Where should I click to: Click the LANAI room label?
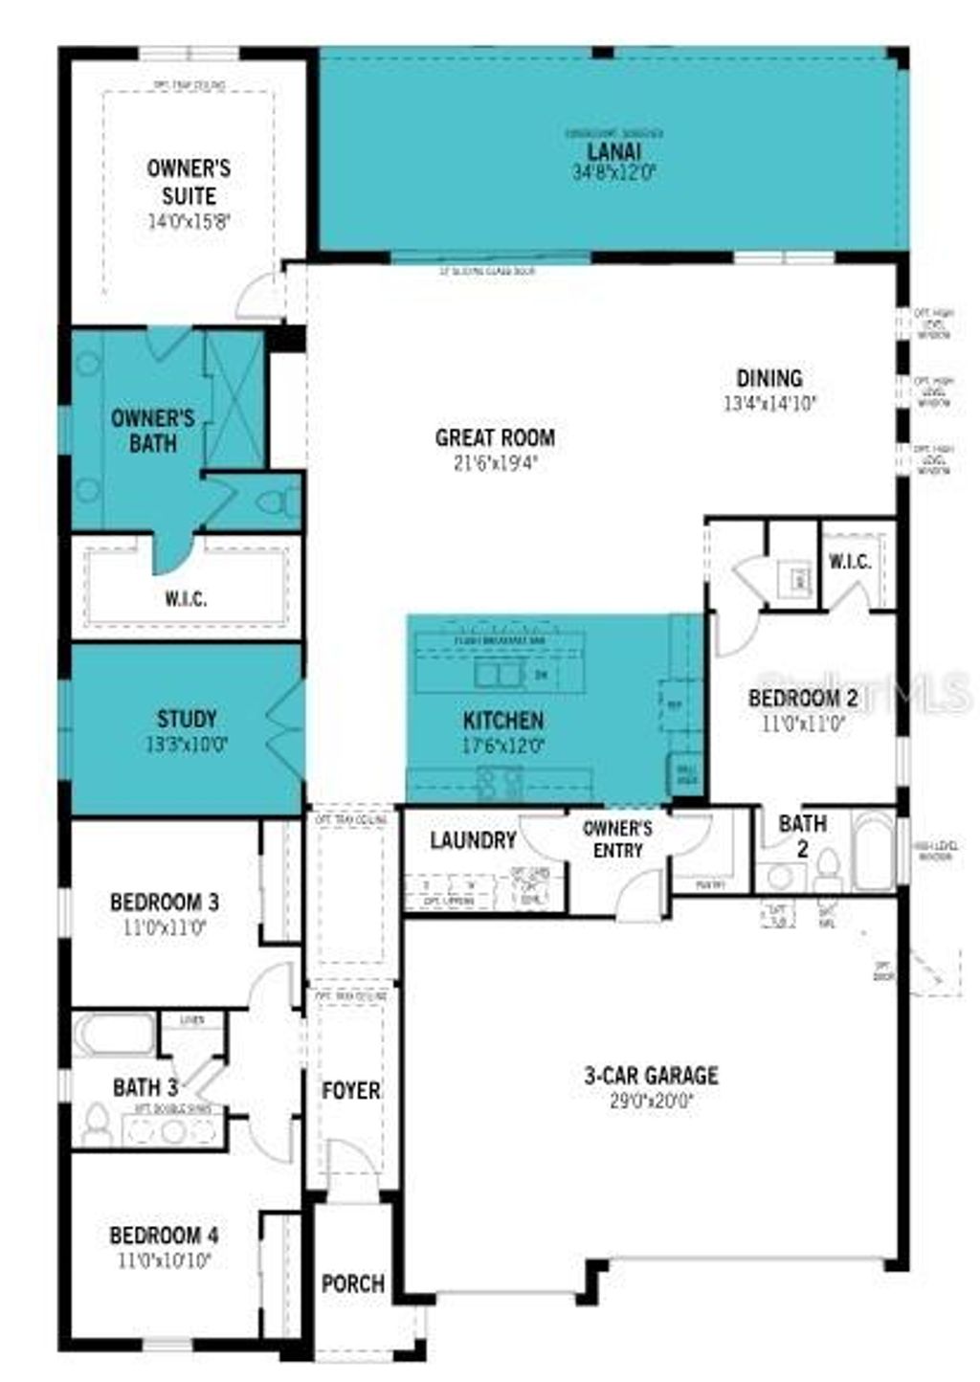point(613,152)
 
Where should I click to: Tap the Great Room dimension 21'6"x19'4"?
point(495,463)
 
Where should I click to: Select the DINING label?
point(768,378)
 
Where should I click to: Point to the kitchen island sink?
point(499,675)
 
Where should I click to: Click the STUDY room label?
point(187,718)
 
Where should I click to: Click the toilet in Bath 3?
point(97,1125)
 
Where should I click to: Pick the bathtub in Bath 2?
point(873,844)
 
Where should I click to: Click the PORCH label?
point(353,1283)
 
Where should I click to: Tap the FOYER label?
point(350,1090)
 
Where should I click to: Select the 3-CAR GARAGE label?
point(651,1076)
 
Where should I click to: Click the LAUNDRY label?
point(473,840)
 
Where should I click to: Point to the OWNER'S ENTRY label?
point(617,839)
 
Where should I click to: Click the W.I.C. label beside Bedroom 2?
point(850,562)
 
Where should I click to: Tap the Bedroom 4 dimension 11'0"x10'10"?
point(164,1260)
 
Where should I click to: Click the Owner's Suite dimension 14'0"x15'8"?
point(189,222)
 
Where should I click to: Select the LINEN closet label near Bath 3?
point(192,1020)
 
